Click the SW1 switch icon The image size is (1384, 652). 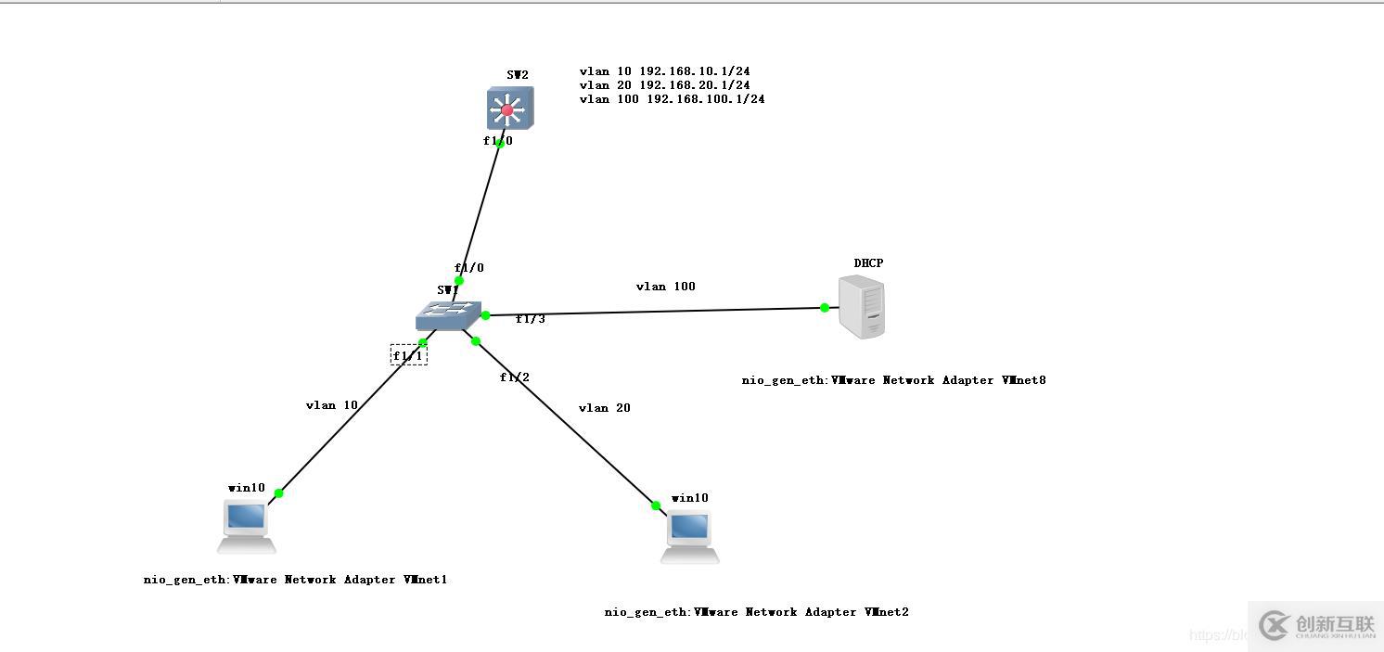click(x=449, y=315)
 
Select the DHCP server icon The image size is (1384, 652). click(x=861, y=308)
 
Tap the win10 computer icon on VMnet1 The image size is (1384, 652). click(x=248, y=525)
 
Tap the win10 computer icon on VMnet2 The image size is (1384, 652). click(x=689, y=535)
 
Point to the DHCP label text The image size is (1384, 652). click(x=868, y=263)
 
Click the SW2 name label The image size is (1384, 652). click(x=518, y=75)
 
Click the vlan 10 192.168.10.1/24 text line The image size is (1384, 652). click(x=664, y=71)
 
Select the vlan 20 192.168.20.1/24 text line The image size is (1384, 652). click(x=664, y=85)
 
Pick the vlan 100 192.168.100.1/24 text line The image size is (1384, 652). click(x=672, y=99)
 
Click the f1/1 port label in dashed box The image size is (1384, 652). click(x=408, y=355)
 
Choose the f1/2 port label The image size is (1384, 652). click(x=515, y=377)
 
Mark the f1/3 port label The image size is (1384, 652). click(x=531, y=319)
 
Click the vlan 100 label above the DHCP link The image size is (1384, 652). click(x=665, y=287)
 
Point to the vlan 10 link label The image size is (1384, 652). click(x=331, y=405)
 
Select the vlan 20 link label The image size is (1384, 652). click(x=604, y=408)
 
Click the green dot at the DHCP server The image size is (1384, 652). click(x=825, y=308)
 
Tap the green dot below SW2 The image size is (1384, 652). click(x=500, y=144)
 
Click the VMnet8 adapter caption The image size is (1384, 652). click(x=893, y=380)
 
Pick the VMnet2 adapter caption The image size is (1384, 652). click(x=756, y=612)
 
